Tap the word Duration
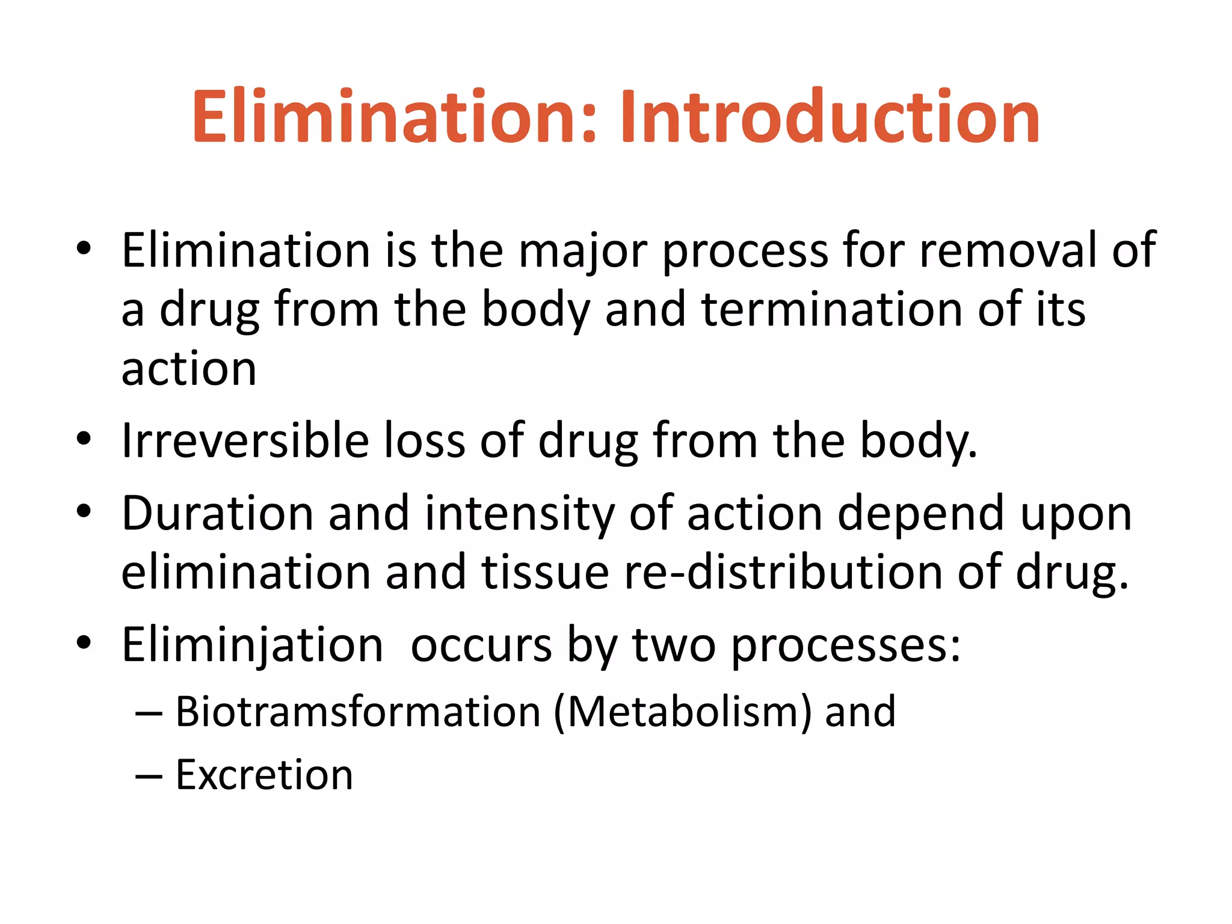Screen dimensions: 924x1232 (x=217, y=514)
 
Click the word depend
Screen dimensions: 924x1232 (x=920, y=515)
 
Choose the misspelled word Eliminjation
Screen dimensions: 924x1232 (x=252, y=645)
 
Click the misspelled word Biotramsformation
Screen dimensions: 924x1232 (x=358, y=712)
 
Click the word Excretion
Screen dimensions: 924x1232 (x=264, y=775)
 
